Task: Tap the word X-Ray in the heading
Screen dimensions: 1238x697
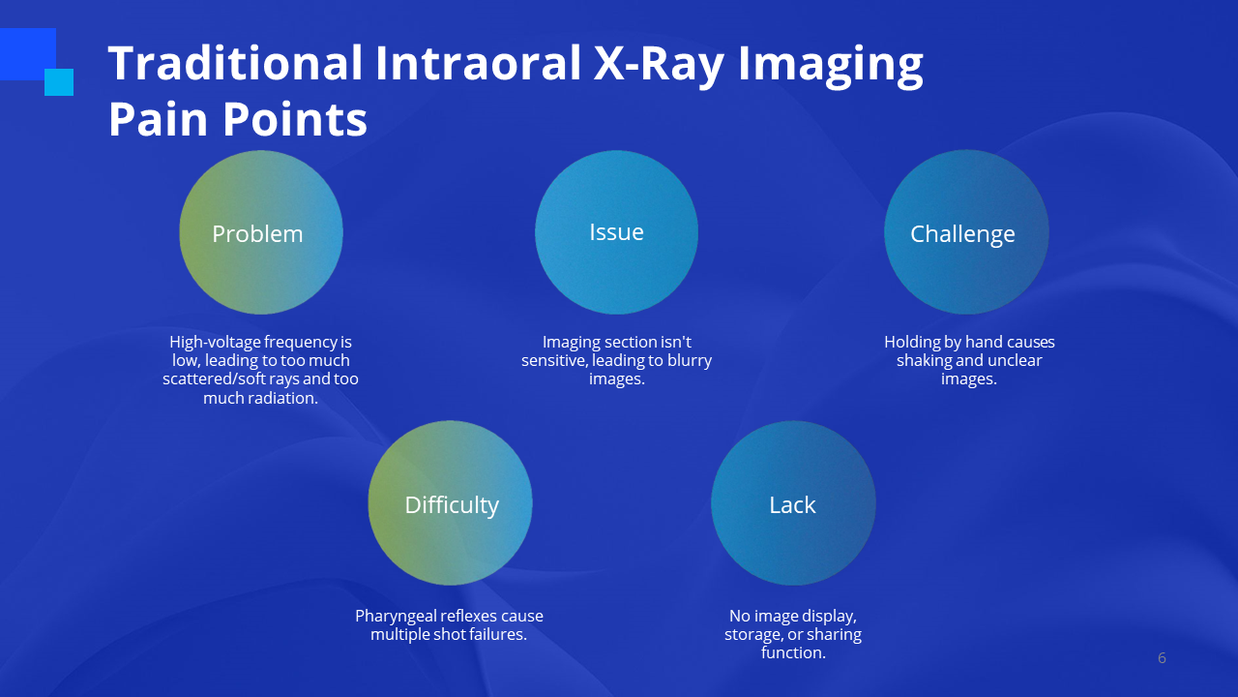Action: click(x=659, y=65)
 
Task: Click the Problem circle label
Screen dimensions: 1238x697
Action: click(x=257, y=234)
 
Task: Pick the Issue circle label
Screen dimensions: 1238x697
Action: click(x=616, y=231)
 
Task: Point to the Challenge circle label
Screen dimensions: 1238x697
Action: click(x=962, y=234)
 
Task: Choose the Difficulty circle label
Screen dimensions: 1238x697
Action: click(x=452, y=505)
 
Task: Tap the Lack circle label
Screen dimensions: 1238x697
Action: click(x=792, y=505)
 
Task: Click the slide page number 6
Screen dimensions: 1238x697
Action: click(x=1162, y=657)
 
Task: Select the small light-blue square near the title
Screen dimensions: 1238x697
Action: click(x=59, y=82)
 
